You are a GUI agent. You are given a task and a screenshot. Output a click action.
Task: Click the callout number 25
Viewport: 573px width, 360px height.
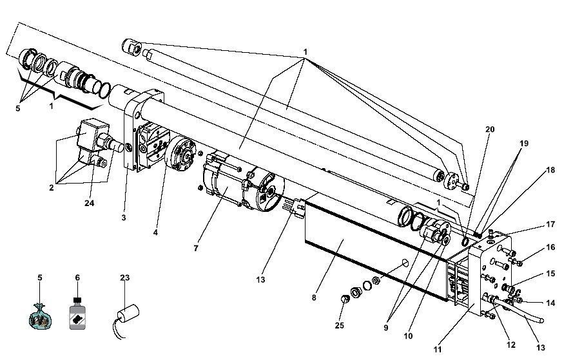point(340,325)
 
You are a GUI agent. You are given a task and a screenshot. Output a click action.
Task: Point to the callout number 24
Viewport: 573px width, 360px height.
point(90,203)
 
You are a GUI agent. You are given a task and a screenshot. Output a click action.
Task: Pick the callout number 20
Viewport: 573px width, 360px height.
point(490,129)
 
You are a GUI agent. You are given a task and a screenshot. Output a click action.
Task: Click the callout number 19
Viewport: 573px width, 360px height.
point(523,144)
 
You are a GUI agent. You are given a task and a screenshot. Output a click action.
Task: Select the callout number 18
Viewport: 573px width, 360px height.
point(550,170)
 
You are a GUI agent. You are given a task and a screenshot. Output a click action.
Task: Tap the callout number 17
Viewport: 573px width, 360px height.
point(550,224)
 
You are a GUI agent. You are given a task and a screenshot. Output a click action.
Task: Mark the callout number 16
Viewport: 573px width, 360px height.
point(550,247)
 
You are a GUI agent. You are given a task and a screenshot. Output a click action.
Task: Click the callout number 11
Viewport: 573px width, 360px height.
point(438,350)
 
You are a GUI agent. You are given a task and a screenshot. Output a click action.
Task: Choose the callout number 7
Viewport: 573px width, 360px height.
point(196,249)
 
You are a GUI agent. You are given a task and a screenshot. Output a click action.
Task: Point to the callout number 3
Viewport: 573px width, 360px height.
point(124,218)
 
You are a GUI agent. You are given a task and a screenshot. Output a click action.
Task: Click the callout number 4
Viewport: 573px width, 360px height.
point(155,232)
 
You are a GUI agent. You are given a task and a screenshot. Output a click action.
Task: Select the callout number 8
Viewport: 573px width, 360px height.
point(314,298)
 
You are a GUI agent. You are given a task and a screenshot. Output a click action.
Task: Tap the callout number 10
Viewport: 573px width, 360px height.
point(408,336)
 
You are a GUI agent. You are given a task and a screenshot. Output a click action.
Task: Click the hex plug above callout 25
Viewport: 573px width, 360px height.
point(345,299)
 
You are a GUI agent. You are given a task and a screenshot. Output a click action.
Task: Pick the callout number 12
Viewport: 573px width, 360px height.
point(511,345)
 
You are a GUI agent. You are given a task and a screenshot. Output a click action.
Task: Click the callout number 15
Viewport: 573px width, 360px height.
point(550,274)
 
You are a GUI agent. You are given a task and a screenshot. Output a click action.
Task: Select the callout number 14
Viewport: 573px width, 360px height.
point(550,303)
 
